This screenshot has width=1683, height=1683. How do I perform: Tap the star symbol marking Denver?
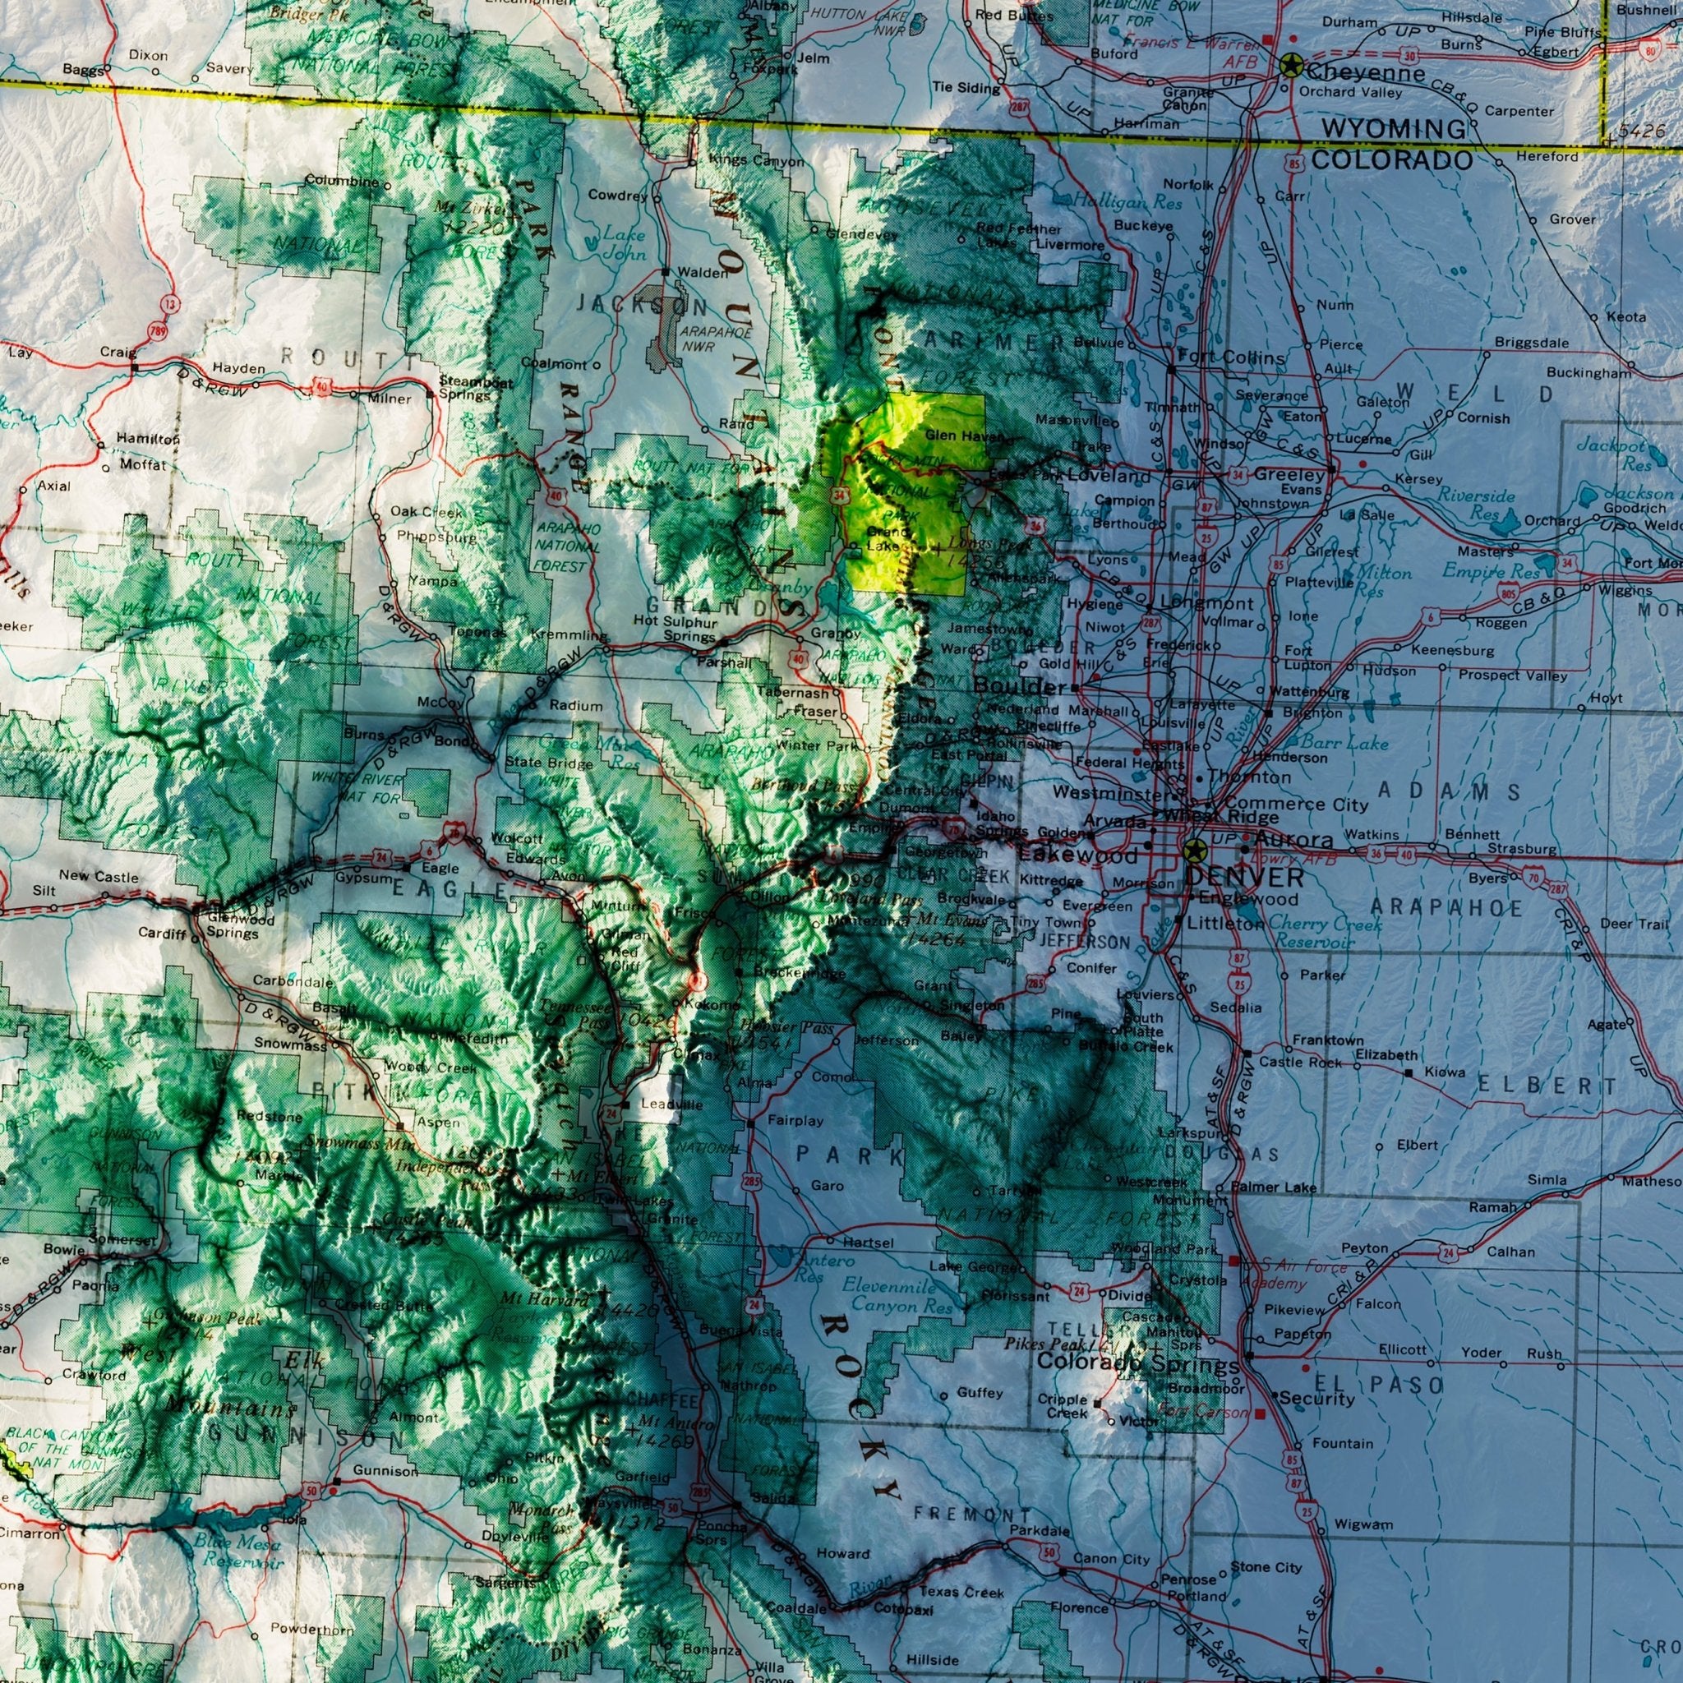point(1193,851)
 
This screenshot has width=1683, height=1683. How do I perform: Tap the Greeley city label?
point(1289,475)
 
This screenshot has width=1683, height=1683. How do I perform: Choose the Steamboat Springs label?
point(465,388)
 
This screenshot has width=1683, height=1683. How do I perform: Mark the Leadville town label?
point(671,1104)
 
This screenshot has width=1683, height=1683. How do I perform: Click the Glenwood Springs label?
point(233,926)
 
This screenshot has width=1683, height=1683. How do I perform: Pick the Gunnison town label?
point(385,1471)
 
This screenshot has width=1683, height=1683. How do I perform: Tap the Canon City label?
point(1112,1558)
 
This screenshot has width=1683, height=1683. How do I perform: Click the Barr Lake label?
point(1344,742)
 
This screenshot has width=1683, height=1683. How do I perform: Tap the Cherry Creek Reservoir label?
point(1323,932)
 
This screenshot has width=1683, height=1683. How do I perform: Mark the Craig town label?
point(118,352)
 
